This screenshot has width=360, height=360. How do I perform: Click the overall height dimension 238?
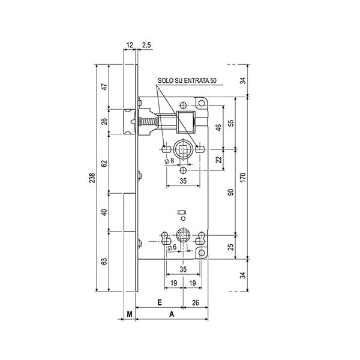pos(92,178)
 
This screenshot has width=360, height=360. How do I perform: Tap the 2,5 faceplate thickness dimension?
pos(146,45)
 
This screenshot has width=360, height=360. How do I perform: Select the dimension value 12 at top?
pos(130,45)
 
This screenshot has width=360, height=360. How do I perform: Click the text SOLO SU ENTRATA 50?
pos(187,80)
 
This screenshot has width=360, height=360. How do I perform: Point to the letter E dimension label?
pos(160,302)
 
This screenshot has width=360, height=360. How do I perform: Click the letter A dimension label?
pos(172,314)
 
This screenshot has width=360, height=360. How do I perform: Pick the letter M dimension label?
pos(130,314)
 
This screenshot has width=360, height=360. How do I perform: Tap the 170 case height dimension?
pos(243,178)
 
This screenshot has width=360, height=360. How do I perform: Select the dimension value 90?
pos(231,192)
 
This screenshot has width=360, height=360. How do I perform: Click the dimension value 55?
pos(231,123)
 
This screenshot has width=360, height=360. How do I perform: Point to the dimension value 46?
pos(219,127)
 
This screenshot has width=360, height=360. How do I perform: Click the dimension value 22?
pos(219,160)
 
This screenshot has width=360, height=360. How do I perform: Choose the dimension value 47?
pos(104,87)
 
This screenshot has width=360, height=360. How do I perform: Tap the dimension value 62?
pos(104,163)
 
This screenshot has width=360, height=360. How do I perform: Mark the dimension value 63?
pos(104,261)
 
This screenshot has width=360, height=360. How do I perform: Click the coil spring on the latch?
pos(149,121)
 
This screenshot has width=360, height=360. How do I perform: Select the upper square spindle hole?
pos(183,149)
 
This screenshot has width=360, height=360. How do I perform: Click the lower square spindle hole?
pos(183,236)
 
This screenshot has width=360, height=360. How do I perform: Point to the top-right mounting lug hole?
pos(202,103)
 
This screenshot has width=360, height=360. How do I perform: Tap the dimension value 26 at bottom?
pos(196,302)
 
